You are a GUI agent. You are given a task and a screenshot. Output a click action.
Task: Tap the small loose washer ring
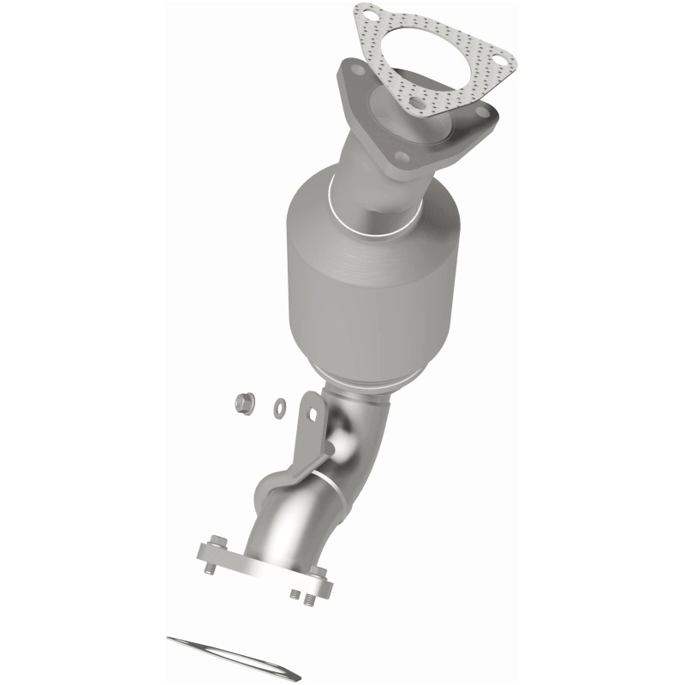pyautogui.click(x=280, y=407)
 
